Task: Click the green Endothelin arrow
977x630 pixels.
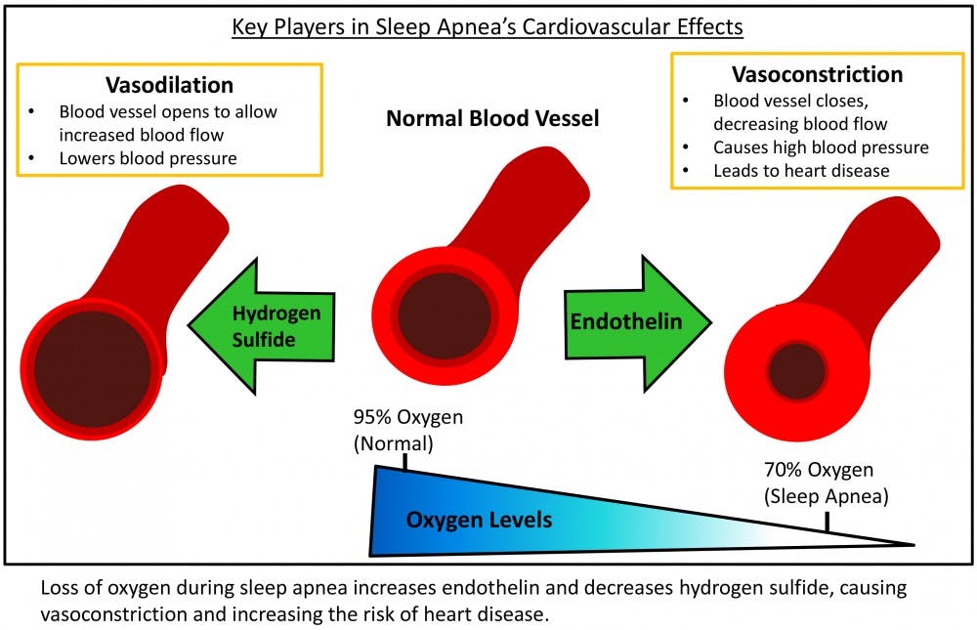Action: [635, 321]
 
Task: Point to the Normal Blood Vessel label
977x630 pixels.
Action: [492, 119]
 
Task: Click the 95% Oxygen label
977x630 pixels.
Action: [408, 418]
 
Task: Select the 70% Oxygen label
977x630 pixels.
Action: [819, 470]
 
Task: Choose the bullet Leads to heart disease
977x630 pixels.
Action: [801, 170]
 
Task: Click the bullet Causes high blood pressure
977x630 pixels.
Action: [821, 147]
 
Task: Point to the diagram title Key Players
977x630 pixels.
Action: [488, 26]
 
